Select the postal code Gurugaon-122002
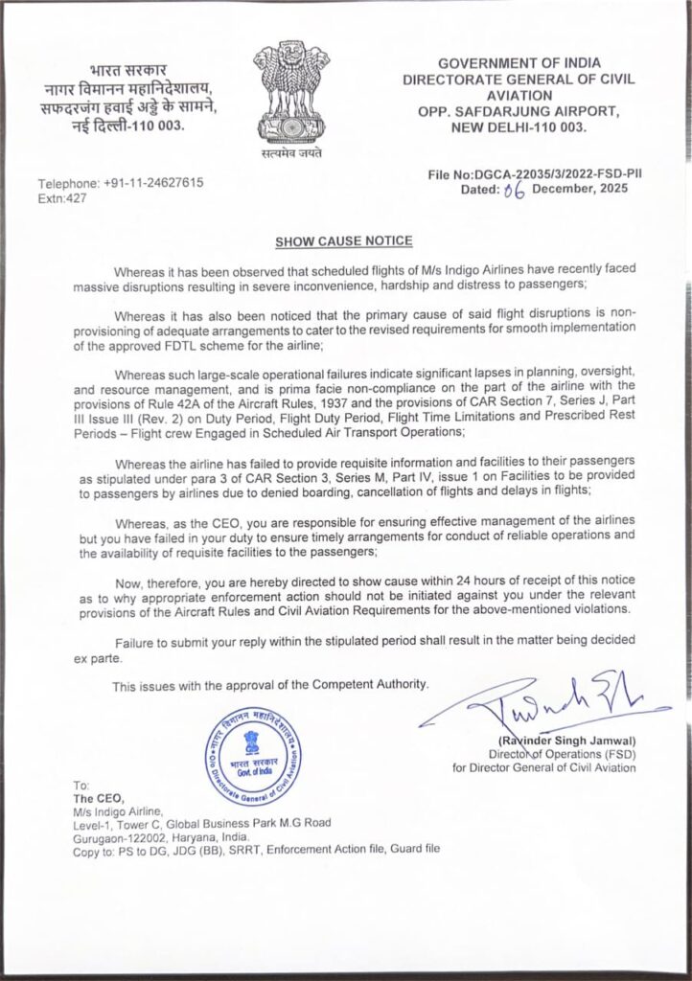coord(122,836)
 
